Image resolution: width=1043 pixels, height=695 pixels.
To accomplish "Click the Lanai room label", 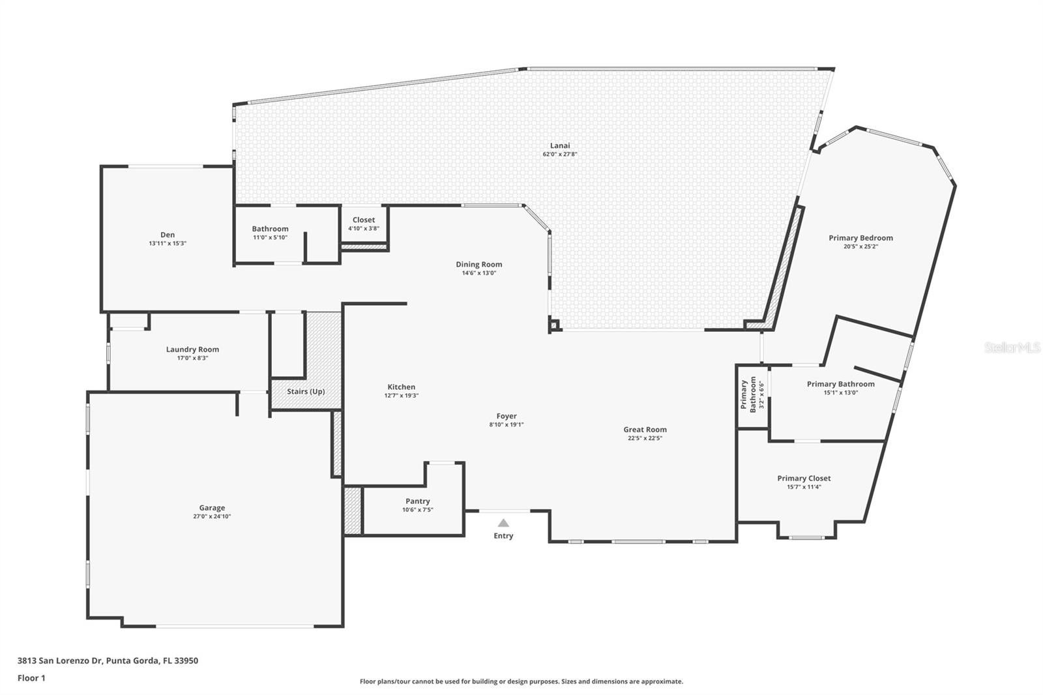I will coord(560,145).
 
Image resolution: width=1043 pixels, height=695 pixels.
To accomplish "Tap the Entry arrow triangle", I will coord(503,523).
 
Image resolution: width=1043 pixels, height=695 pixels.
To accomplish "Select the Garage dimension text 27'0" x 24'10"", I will coord(212,516).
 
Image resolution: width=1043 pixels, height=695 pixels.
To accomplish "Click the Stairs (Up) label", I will coord(306,392).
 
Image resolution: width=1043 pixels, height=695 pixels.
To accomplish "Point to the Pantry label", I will coord(417,501).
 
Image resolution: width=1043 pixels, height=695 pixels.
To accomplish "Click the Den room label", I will coord(168,235).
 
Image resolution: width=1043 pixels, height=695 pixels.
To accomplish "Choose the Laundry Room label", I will coord(192,349).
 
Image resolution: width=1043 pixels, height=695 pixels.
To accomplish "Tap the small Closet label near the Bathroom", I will coord(364,220).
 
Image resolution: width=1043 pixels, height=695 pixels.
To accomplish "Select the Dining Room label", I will coord(478,265).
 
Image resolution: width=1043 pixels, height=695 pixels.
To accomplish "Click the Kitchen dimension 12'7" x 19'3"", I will coord(401,396).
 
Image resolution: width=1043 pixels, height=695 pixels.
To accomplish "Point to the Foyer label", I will coord(507,416).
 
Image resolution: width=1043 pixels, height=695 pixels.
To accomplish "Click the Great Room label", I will coord(645,430).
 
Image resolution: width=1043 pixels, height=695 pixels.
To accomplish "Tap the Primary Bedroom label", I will coord(860,238).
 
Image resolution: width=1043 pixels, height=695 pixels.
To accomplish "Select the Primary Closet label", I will coord(804,479).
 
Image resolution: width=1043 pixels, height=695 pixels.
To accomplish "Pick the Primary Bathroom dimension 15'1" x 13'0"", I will coord(840,392).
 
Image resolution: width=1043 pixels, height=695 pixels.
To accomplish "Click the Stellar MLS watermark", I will coord(1012,348).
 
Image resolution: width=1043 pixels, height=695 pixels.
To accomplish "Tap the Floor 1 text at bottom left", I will coord(31,678).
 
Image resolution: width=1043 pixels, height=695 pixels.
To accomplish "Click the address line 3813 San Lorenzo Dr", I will coord(108,660).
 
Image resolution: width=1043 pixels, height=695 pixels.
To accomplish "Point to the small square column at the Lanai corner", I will coord(554,325).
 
